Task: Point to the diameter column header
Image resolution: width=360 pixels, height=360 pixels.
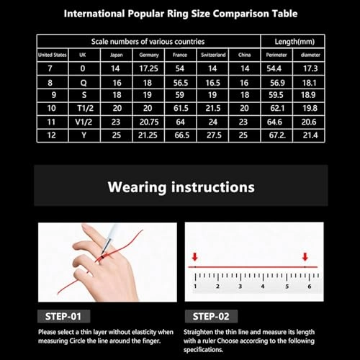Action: [x=310, y=55]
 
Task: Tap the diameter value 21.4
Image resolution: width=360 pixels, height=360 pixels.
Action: [x=310, y=134]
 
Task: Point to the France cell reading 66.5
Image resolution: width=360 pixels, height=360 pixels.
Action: [x=180, y=134]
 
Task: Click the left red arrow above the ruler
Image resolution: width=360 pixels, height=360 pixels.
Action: [x=194, y=256]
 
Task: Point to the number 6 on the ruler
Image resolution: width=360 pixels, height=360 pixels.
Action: [x=309, y=286]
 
